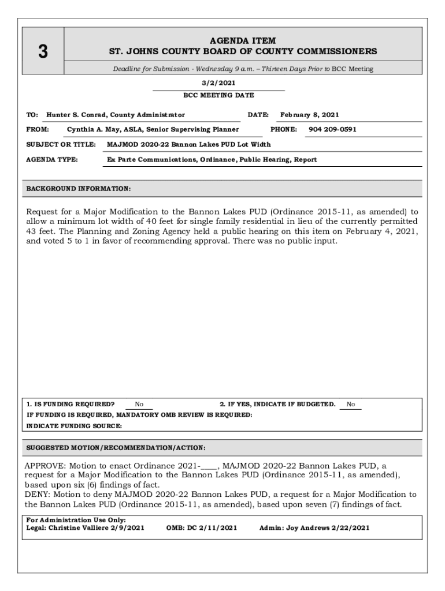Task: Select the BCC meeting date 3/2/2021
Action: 218,83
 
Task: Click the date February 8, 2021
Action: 309,115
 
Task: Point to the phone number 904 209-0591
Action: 332,129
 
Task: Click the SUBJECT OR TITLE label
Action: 61,144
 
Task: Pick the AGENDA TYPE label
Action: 53,159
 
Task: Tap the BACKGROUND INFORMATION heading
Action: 79,189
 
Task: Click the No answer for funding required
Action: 139,405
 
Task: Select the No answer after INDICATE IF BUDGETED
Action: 351,405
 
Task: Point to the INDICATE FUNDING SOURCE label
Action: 74,426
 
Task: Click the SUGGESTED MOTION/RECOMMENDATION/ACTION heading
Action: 116,448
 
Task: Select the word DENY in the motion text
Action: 37,495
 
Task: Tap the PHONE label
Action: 283,129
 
